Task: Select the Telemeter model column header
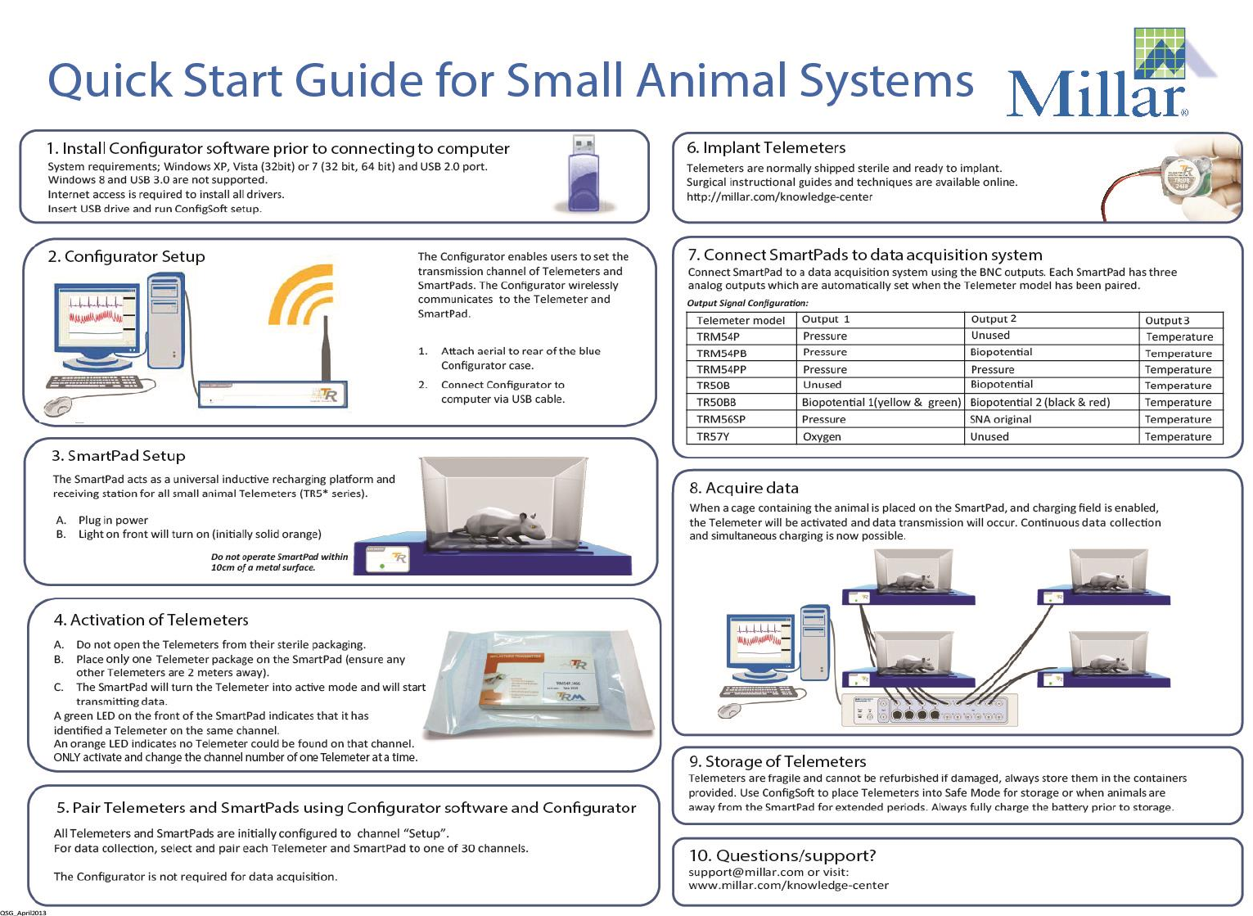pos(740,320)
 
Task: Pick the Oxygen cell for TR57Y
pos(822,436)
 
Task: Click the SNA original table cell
pos(1000,419)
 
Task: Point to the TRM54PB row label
pos(721,353)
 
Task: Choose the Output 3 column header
pos(1167,320)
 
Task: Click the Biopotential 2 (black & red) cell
pos(1039,402)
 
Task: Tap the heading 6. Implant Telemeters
pos(766,147)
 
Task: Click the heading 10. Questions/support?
pos(782,855)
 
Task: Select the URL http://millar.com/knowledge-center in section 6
pos(779,196)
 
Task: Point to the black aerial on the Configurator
pos(326,348)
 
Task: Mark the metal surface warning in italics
pos(279,562)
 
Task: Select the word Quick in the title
pos(110,81)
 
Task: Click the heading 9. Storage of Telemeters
pos(777,761)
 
